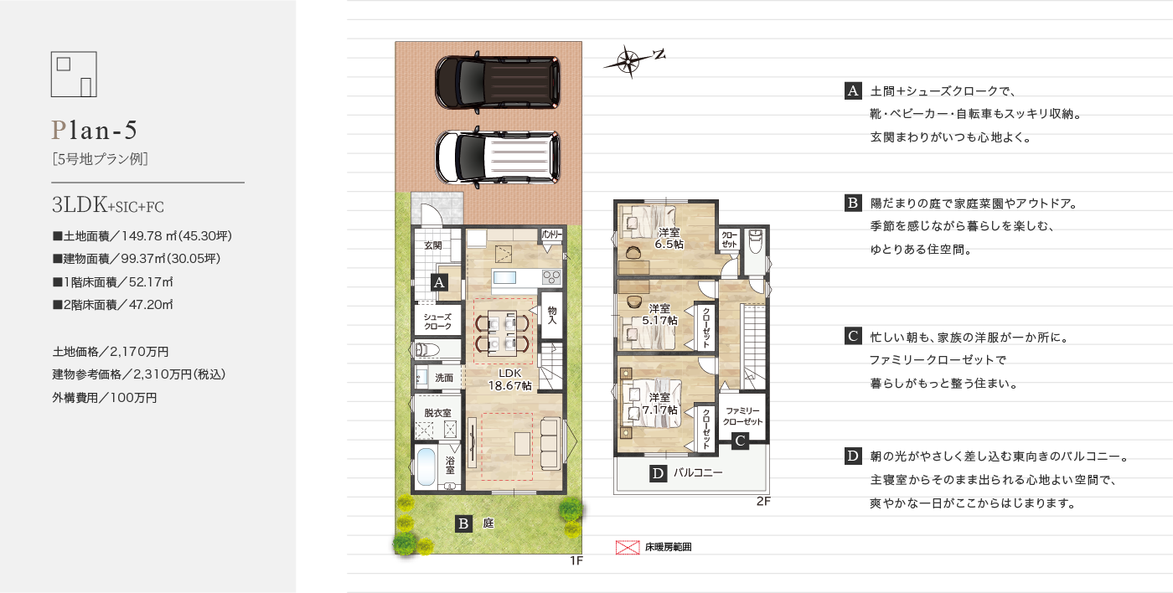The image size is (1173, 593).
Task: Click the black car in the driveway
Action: coord(498,82)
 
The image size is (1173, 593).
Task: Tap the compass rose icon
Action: coord(628,62)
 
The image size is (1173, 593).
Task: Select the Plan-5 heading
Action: coord(94,130)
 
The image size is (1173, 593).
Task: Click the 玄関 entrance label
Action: coord(432,245)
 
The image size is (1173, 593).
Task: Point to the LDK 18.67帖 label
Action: coord(509,379)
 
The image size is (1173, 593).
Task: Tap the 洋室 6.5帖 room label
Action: coord(669,238)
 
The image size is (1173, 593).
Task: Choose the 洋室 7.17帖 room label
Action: coord(660,404)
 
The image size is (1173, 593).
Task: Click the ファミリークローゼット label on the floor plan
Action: coord(742,416)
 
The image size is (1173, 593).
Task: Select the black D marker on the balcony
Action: coord(658,474)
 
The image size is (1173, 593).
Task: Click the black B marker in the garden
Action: coord(463,523)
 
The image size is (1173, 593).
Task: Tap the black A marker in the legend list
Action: coord(853,91)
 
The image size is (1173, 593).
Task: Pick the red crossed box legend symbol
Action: coord(628,548)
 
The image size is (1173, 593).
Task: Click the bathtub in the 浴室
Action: coord(426,467)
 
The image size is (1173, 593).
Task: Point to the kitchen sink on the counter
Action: coord(504,277)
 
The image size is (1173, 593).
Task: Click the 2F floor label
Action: coord(763,502)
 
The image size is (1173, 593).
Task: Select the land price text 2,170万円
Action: coord(139,352)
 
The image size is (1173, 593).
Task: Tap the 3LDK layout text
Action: coord(80,205)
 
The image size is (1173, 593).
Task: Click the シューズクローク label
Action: coord(437,322)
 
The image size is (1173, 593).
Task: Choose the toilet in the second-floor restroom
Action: coord(755,241)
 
